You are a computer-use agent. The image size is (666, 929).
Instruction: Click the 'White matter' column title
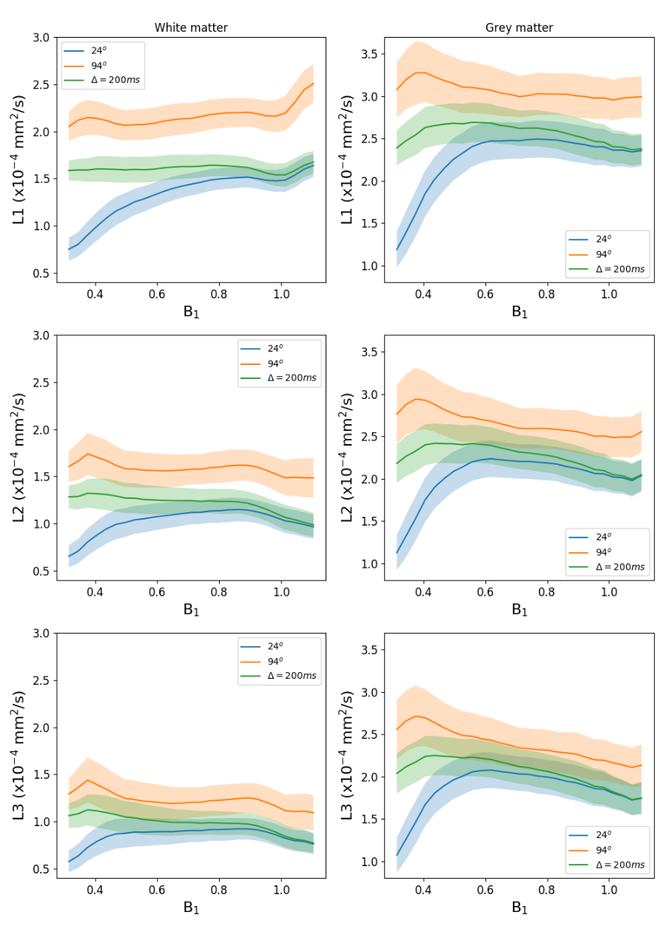pos(191,27)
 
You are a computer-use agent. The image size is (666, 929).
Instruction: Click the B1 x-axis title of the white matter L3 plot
pos(191,908)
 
